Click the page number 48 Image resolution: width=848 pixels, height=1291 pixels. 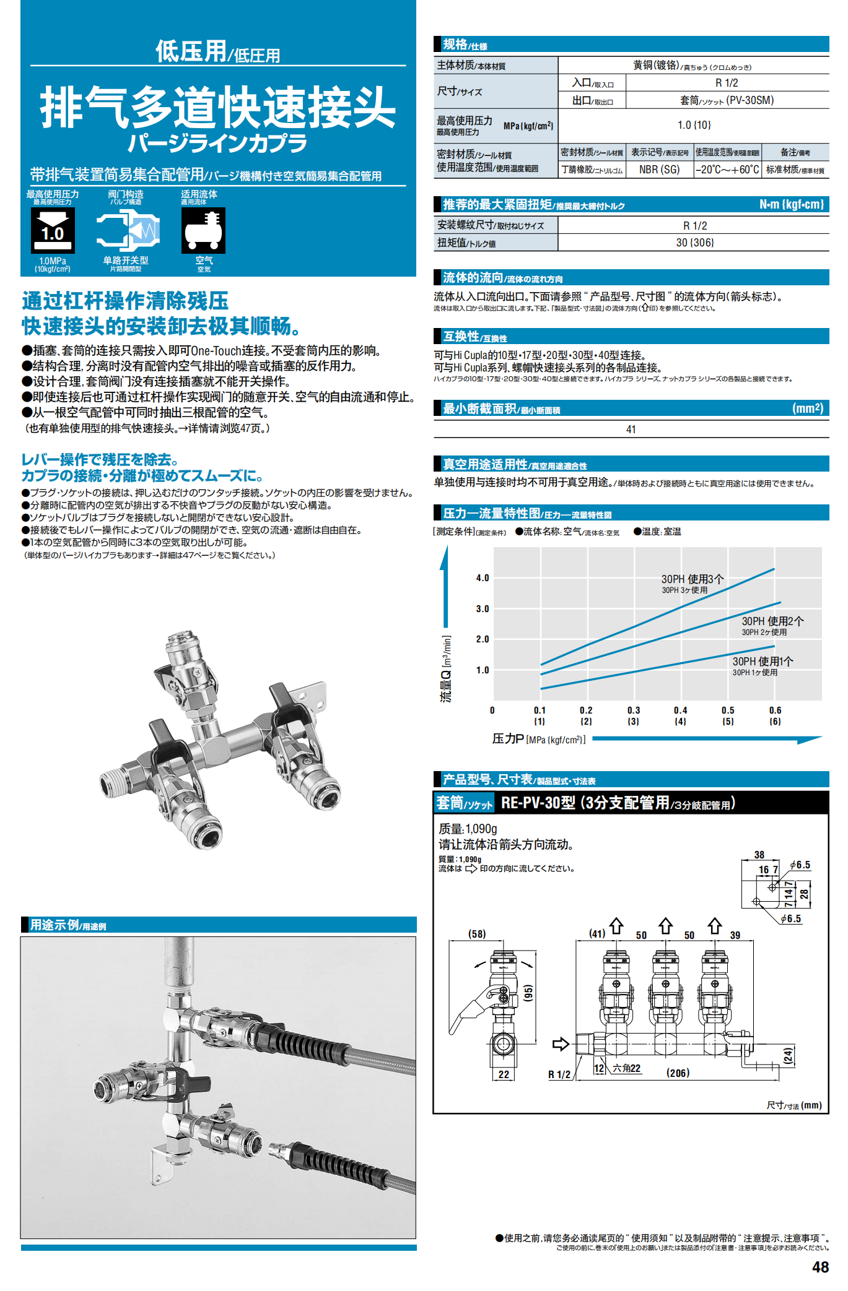[820, 1267]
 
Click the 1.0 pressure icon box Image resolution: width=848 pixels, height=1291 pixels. [53, 230]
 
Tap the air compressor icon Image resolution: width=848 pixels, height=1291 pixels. [203, 230]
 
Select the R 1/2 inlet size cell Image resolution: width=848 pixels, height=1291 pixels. [727, 83]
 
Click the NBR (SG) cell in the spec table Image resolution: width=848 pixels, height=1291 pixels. [659, 170]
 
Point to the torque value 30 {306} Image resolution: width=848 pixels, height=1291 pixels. [694, 243]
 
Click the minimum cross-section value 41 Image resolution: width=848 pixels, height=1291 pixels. [631, 430]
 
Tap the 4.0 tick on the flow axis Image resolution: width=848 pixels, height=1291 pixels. [483, 578]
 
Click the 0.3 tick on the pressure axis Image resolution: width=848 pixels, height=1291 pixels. [633, 710]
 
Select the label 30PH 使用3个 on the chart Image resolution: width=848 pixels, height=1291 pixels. [692, 579]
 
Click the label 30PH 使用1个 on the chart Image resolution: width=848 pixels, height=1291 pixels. [762, 661]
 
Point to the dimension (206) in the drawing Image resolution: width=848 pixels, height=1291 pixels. [678, 1073]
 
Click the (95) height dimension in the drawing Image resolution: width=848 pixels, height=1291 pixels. [528, 993]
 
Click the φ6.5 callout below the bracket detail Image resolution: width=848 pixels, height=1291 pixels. [791, 919]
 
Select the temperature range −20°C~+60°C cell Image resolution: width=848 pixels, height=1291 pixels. [727, 170]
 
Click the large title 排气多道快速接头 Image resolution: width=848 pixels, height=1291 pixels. [218, 107]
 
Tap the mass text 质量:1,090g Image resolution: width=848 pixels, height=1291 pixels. [468, 829]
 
